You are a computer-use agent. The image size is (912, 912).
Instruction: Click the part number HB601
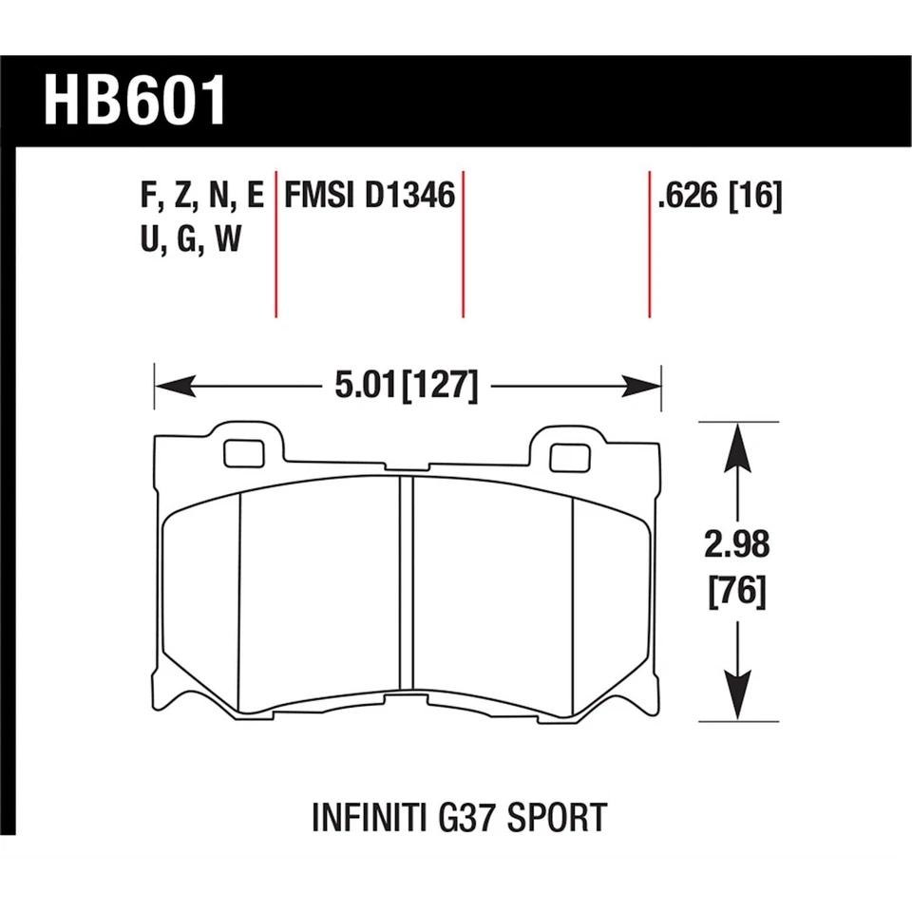pyautogui.click(x=136, y=101)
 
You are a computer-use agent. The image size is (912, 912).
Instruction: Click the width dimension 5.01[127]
pyautogui.click(x=406, y=387)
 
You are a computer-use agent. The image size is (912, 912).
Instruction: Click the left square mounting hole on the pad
pyautogui.click(x=244, y=454)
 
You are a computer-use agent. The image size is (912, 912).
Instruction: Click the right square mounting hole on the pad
pyautogui.click(x=570, y=458)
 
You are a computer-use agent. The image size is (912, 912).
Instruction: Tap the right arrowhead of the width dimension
pyautogui.click(x=641, y=386)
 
